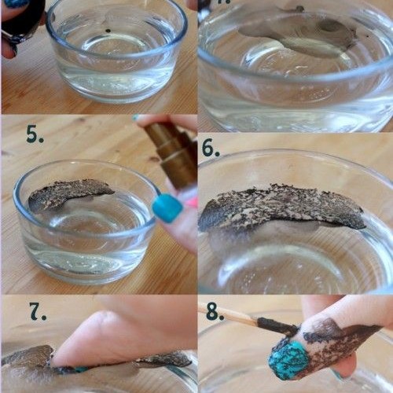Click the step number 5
coord(35,134)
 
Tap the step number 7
coord(38,311)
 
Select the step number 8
coord(215,311)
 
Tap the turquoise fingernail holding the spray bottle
coord(167,208)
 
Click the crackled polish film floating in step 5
coord(68,194)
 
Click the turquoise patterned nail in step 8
coord(288,360)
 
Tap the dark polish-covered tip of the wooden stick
coord(277,326)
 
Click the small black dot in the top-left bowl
coord(107,31)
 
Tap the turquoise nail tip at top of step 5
coord(136,118)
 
